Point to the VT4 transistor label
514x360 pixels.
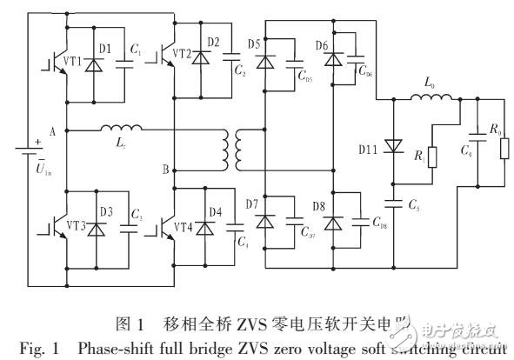tap(183, 228)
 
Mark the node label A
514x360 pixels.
tap(53, 130)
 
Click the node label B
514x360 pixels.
tap(165, 169)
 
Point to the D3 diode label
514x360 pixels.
tap(104, 211)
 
